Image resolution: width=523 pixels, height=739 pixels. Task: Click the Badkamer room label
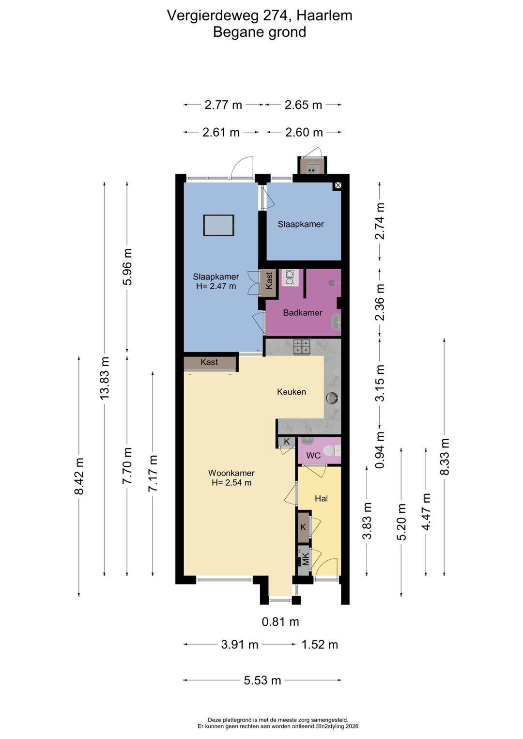[x=302, y=312]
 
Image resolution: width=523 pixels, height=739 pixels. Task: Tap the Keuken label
[x=292, y=392]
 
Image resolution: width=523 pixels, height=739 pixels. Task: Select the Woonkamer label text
[x=231, y=473]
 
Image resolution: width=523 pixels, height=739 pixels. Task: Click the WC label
[x=313, y=456]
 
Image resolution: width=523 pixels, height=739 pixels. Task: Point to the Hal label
[x=321, y=498]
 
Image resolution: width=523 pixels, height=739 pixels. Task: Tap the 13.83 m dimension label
[x=105, y=378]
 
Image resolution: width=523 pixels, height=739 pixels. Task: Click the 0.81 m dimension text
[x=280, y=622]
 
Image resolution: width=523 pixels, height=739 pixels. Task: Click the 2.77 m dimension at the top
[x=223, y=105]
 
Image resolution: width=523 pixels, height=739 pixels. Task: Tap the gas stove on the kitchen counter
[x=302, y=347]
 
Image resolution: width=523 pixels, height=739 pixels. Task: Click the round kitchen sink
[x=332, y=398]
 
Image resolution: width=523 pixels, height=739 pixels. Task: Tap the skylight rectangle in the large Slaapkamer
[x=218, y=225]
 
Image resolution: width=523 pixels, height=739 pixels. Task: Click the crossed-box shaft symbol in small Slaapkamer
[x=338, y=186]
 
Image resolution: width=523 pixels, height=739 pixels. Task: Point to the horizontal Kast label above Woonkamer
[x=209, y=362]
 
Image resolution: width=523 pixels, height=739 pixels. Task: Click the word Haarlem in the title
[x=324, y=15]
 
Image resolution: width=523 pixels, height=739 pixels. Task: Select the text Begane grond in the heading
[x=260, y=32]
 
